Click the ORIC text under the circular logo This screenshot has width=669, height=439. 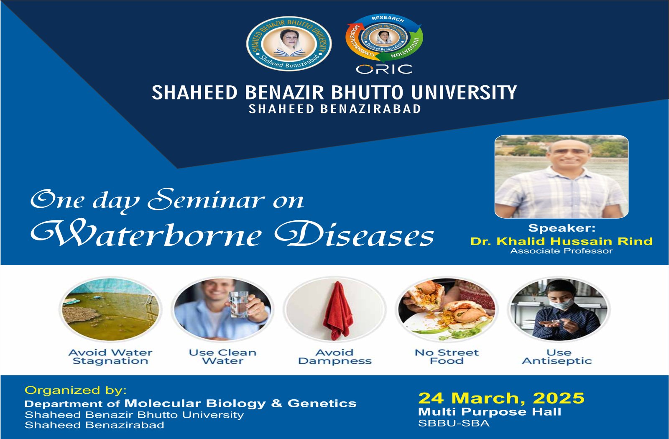[x=384, y=69]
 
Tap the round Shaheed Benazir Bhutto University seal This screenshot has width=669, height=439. [x=289, y=43]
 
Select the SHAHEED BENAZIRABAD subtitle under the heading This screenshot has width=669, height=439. [x=335, y=109]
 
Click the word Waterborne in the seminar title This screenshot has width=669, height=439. [x=146, y=235]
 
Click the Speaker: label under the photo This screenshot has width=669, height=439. [x=562, y=228]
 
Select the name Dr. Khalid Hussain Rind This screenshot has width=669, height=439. [x=562, y=241]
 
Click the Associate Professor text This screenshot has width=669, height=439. [x=562, y=251]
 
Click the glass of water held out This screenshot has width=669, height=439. [x=239, y=304]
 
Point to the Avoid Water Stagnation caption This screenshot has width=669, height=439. [x=110, y=357]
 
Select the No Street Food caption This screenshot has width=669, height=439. [x=447, y=357]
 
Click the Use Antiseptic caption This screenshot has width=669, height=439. [x=557, y=357]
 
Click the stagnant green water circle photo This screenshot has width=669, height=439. [x=110, y=309]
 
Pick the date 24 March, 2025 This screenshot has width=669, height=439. [x=501, y=398]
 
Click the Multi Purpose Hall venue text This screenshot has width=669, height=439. [x=490, y=412]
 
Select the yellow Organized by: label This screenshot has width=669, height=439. [x=76, y=391]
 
